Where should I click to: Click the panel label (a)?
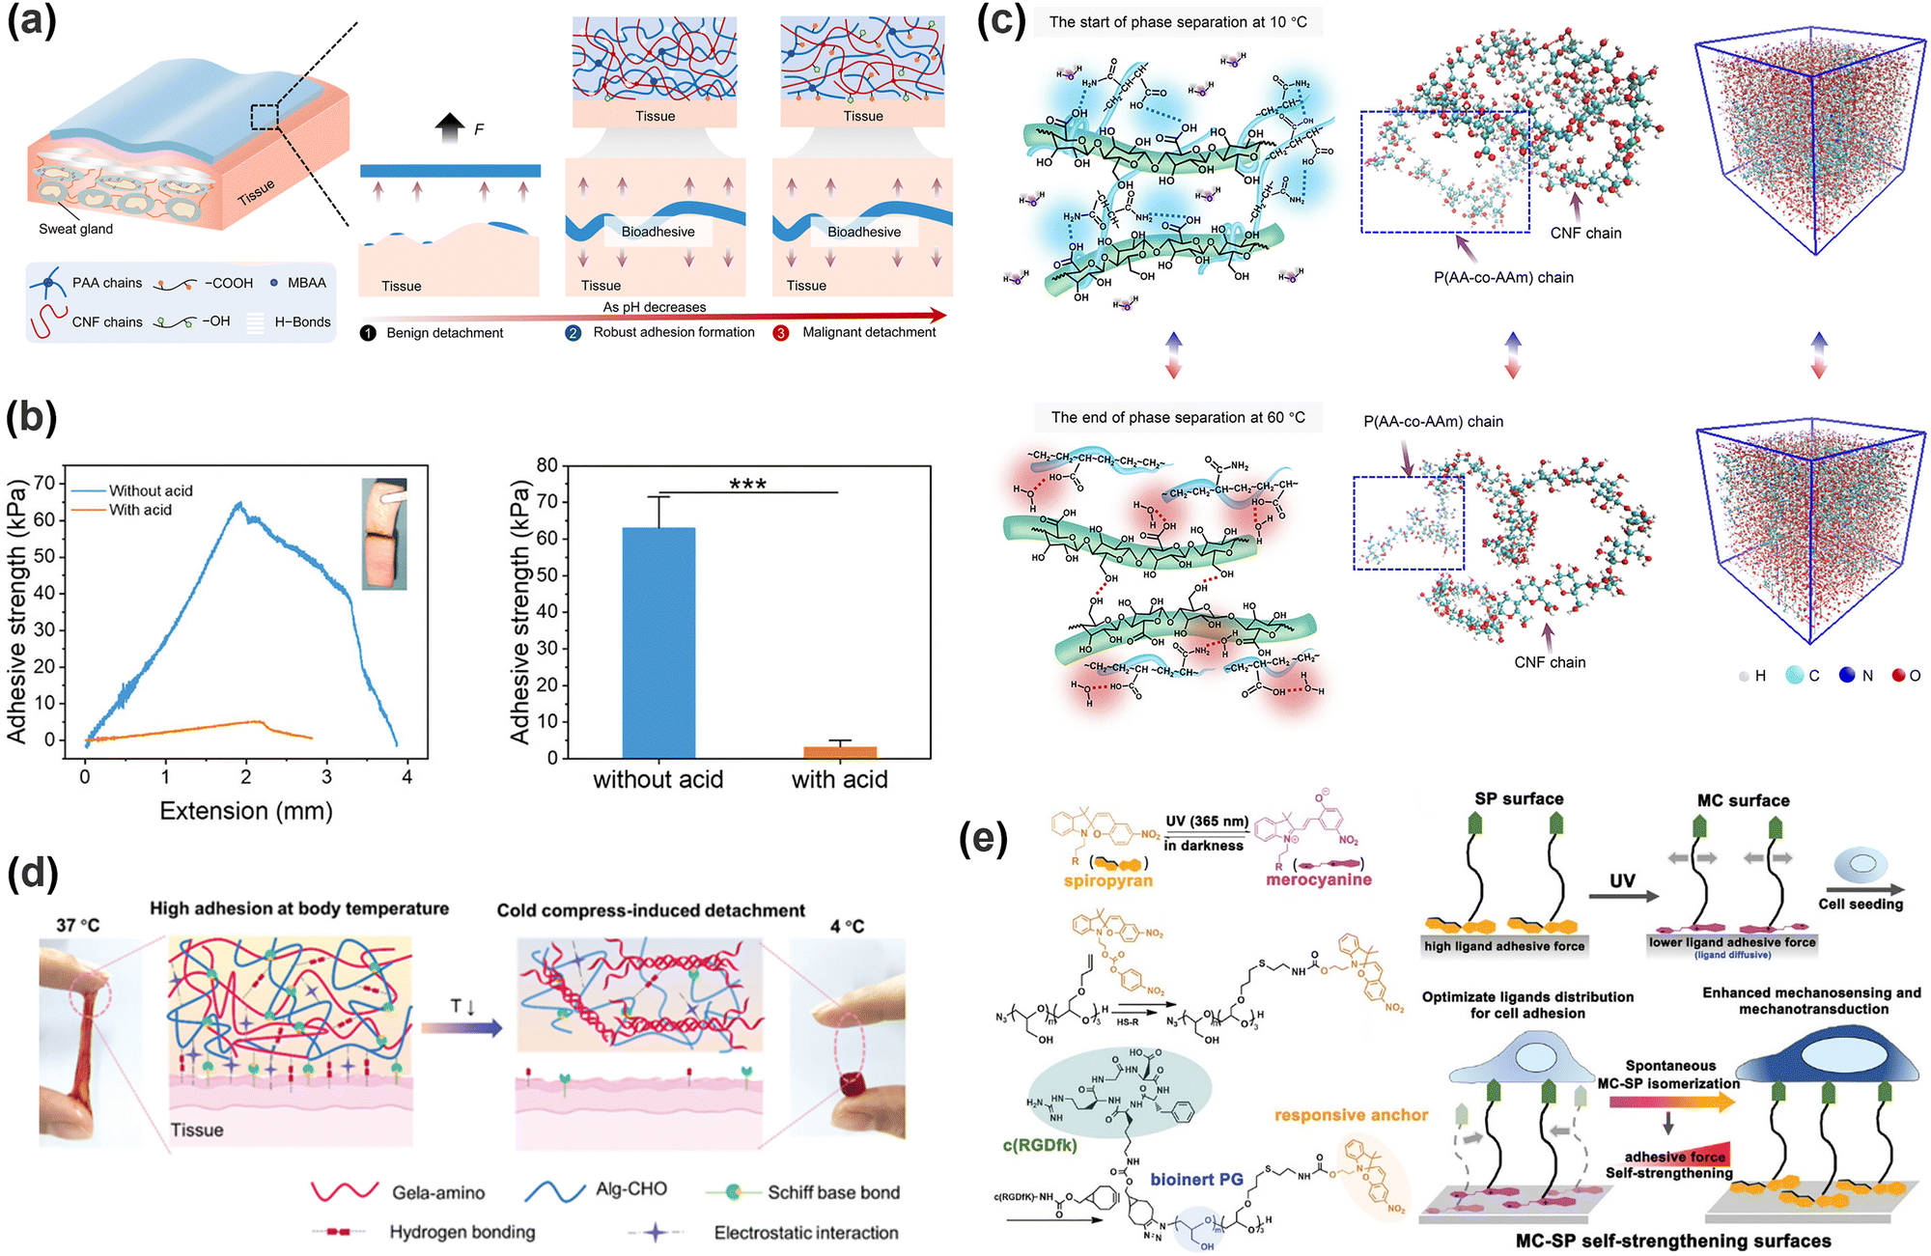[x=32, y=21]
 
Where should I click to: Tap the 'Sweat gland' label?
[x=75, y=229]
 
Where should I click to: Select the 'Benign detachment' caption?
[x=444, y=333]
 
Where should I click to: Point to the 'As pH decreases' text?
[x=655, y=307]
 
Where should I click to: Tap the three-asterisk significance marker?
[x=748, y=484]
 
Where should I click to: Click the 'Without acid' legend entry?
[x=151, y=490]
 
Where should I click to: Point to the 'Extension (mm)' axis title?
[x=246, y=811]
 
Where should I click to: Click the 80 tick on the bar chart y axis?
[x=547, y=465]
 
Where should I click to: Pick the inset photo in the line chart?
[x=384, y=534]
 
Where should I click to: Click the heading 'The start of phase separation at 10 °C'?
[x=1178, y=22]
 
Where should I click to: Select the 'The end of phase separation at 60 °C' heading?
[x=1178, y=417]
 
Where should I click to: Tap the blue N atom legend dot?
[x=1847, y=675]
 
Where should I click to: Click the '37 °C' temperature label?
[x=77, y=925]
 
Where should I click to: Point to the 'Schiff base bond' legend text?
[x=833, y=1192]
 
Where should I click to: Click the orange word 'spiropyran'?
[x=1108, y=880]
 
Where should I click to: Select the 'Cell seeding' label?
[x=1861, y=904]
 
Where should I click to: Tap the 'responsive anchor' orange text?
[x=1351, y=1115]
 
